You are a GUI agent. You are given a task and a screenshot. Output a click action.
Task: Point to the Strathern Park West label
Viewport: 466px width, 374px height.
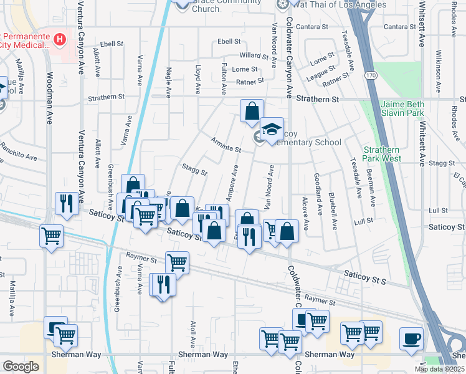point(382,154)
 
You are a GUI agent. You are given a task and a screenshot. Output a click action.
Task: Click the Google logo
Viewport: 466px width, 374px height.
point(21,367)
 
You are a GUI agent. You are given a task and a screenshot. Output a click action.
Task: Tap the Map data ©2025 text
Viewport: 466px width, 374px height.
point(439,369)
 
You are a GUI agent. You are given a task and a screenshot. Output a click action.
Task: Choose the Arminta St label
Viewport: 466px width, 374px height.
point(226,145)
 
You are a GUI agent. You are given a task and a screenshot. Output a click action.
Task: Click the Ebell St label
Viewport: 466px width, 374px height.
point(229,42)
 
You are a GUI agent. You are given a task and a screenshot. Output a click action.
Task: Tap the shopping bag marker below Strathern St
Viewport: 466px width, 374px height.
point(252,112)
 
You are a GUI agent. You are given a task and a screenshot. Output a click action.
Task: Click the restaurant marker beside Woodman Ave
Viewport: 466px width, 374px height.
point(67,203)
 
